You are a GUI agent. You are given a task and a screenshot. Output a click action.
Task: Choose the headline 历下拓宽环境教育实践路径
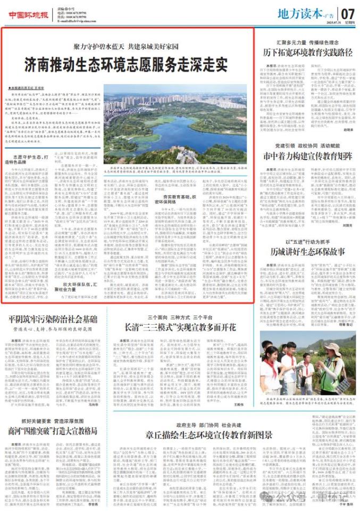click(308, 52)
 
